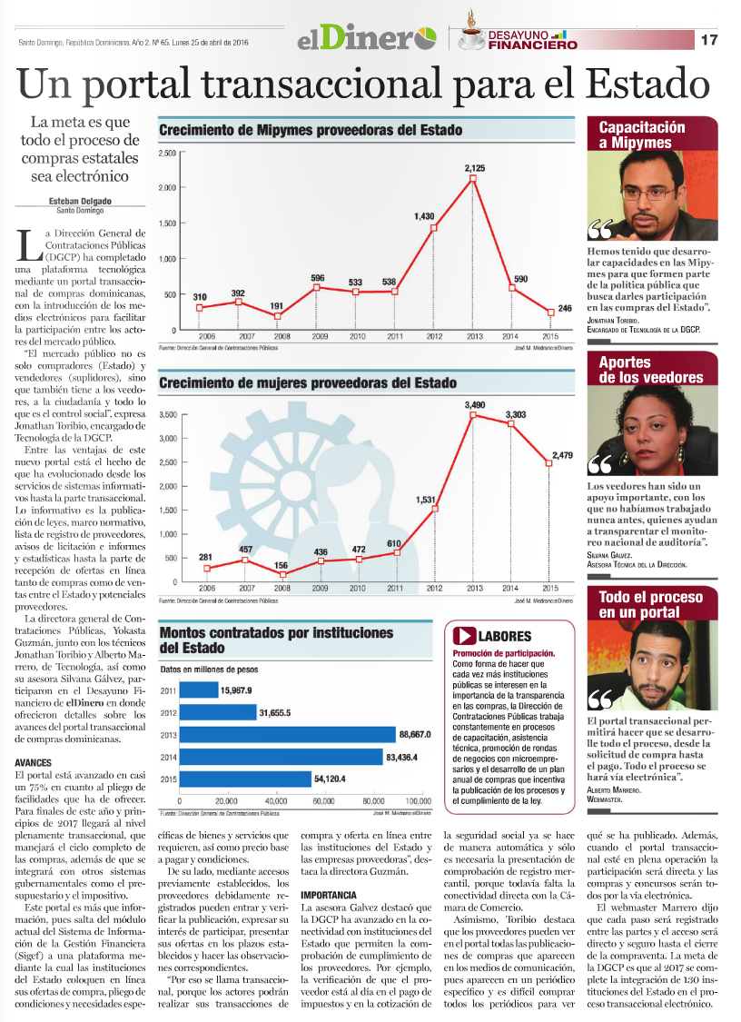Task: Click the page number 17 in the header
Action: (x=709, y=40)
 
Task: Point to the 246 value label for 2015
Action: (x=564, y=309)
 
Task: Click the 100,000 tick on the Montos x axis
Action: (x=419, y=802)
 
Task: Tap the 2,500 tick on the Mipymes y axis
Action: (x=166, y=153)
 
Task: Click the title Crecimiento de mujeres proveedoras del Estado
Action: (x=308, y=383)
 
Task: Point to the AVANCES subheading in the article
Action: (x=34, y=762)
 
